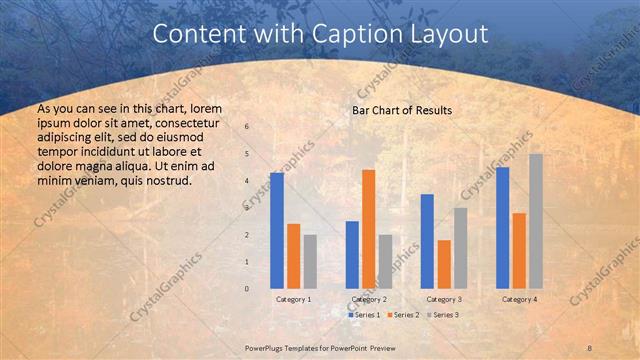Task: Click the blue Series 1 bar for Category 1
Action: [277, 230]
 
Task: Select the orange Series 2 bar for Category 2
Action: [369, 229]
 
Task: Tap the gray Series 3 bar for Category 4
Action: [536, 221]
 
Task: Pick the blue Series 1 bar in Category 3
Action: [427, 241]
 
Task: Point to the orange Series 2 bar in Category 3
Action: [444, 264]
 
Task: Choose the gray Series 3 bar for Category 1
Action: [310, 261]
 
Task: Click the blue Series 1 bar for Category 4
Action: [502, 227]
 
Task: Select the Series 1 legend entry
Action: [364, 315]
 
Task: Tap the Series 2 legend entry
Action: [402, 315]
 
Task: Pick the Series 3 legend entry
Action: [441, 315]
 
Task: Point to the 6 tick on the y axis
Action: [247, 127]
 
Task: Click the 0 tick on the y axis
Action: [247, 289]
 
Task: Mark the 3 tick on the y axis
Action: [247, 208]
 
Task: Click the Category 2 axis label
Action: [369, 299]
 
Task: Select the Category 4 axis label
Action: [518, 299]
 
